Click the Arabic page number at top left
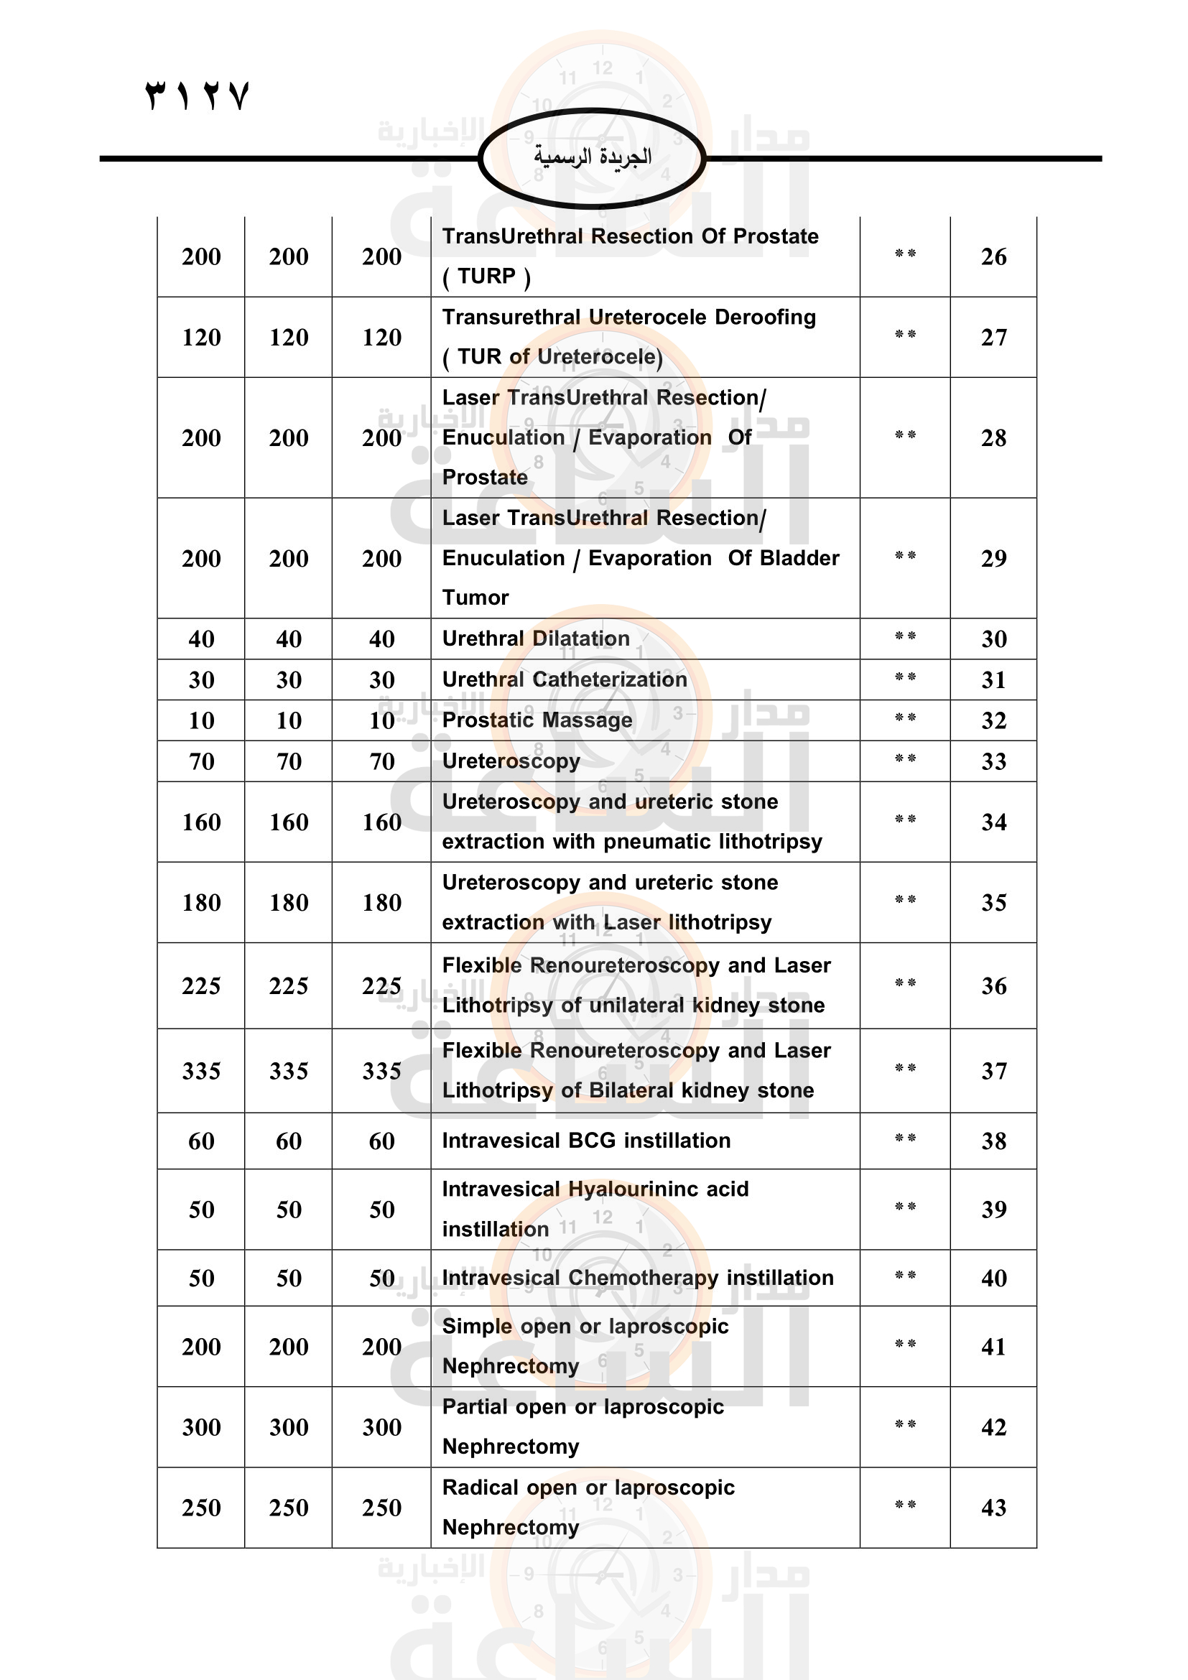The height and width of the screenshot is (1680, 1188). [198, 96]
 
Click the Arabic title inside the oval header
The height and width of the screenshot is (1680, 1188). [592, 157]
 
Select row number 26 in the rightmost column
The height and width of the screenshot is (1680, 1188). [993, 257]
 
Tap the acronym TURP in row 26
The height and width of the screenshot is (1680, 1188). [486, 277]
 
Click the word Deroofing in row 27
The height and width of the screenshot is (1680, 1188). [764, 317]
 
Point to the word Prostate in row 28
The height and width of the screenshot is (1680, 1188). [484, 477]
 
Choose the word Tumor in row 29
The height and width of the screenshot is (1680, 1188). [475, 598]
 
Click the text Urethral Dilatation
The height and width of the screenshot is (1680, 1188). [536, 639]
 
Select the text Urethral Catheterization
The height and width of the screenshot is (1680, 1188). [564, 679]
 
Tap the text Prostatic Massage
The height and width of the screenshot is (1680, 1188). [537, 720]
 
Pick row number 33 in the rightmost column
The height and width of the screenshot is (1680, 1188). [993, 761]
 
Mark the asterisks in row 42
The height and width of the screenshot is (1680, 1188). [905, 1424]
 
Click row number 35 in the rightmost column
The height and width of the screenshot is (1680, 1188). [993, 903]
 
